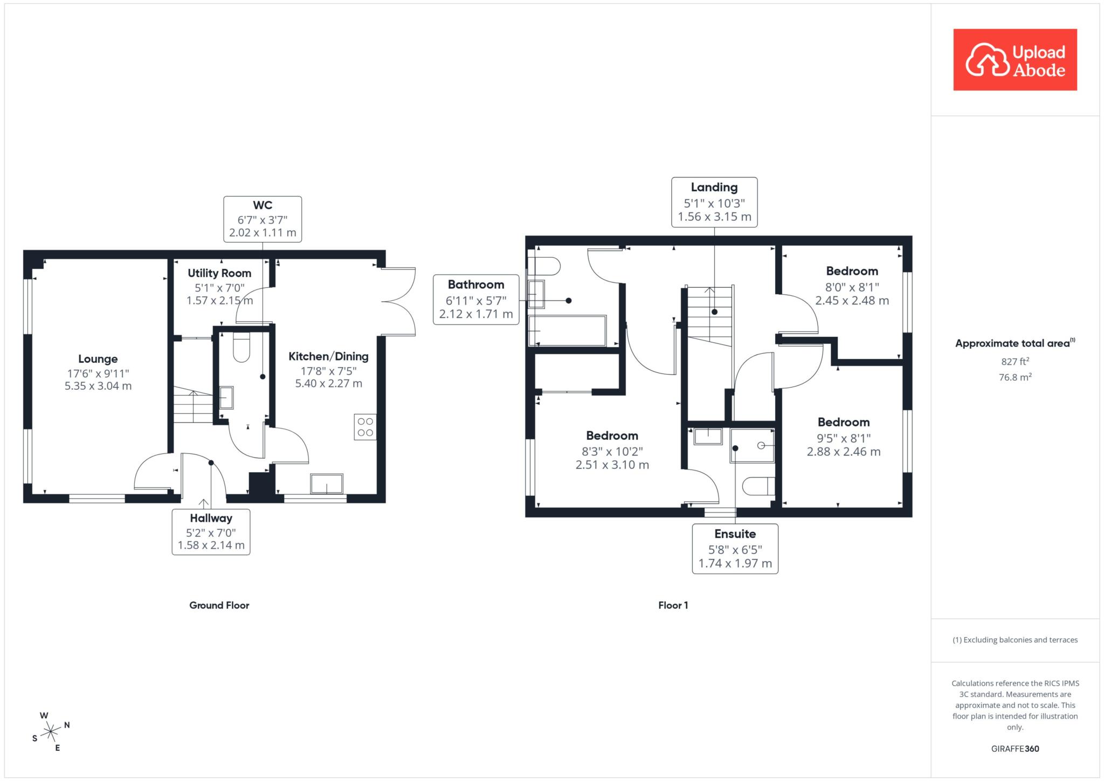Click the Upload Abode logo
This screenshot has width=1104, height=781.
click(x=1015, y=60)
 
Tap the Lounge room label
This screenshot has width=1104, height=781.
click(x=98, y=359)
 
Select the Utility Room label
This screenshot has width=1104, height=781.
click(x=219, y=273)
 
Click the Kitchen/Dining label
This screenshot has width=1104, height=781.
click(x=328, y=356)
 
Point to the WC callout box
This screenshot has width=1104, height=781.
click(x=263, y=219)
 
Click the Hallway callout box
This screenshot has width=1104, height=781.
click(x=211, y=532)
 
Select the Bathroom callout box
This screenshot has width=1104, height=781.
click(x=476, y=299)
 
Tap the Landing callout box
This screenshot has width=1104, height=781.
click(x=714, y=202)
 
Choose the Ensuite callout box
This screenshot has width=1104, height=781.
click(x=735, y=549)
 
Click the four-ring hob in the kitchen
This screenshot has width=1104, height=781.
click(x=365, y=427)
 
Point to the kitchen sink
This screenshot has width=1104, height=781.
click(x=327, y=483)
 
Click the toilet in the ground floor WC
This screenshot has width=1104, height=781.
click(x=241, y=347)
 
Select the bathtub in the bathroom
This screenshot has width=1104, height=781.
click(x=568, y=330)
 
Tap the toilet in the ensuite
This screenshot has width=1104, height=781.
click(x=758, y=487)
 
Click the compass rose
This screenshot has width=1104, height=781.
click(x=51, y=731)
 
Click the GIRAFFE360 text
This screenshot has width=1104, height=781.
click(x=1015, y=749)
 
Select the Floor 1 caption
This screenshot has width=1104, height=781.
click(x=673, y=605)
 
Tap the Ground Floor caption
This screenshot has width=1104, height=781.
click(x=219, y=605)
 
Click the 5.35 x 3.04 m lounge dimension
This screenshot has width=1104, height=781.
click(x=98, y=386)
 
